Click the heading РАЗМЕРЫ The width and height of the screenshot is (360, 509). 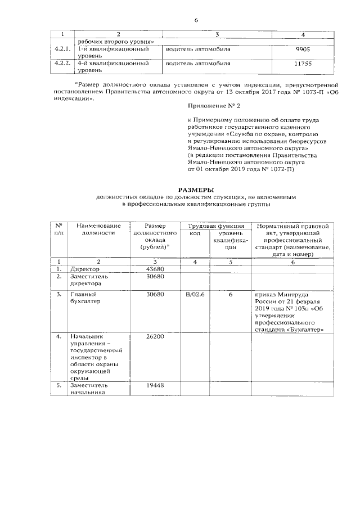(196, 190)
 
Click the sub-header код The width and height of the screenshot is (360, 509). (195, 233)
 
